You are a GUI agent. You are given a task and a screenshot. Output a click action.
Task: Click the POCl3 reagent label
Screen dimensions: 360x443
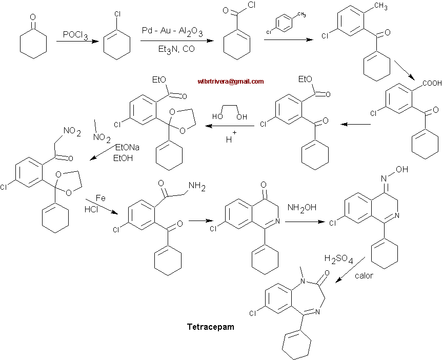[75, 35]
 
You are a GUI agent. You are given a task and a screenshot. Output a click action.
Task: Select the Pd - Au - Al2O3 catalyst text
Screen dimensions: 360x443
[172, 32]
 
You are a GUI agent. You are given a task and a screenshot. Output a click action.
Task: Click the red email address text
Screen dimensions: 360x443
[230, 81]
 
